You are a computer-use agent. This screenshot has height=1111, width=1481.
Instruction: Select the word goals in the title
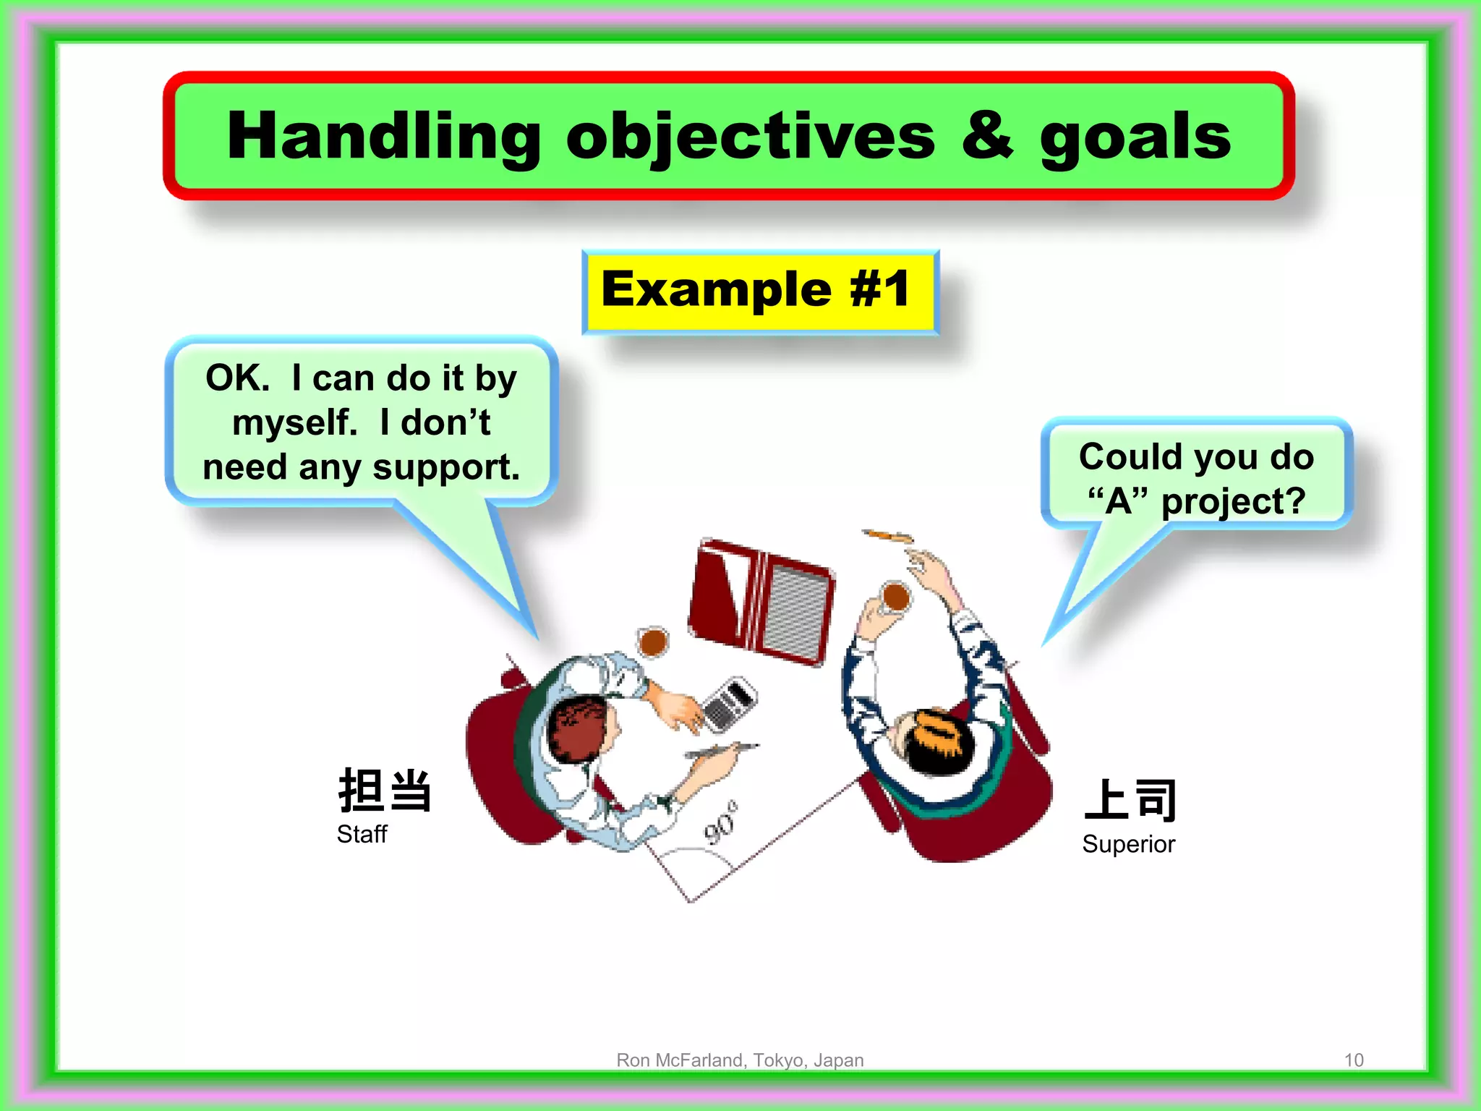click(1135, 137)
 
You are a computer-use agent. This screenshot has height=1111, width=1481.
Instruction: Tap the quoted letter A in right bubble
click(1118, 501)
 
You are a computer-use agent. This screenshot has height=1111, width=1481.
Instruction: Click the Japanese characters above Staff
click(385, 791)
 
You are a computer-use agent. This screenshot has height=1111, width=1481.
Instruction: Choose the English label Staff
click(362, 835)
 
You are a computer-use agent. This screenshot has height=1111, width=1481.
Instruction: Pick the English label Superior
click(1128, 845)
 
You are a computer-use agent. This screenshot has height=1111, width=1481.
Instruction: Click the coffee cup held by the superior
click(896, 597)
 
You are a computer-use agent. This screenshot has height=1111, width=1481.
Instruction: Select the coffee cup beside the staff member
click(653, 642)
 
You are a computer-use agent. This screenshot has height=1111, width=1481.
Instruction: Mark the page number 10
click(1353, 1060)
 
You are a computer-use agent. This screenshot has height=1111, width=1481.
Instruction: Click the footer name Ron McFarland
click(680, 1060)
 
